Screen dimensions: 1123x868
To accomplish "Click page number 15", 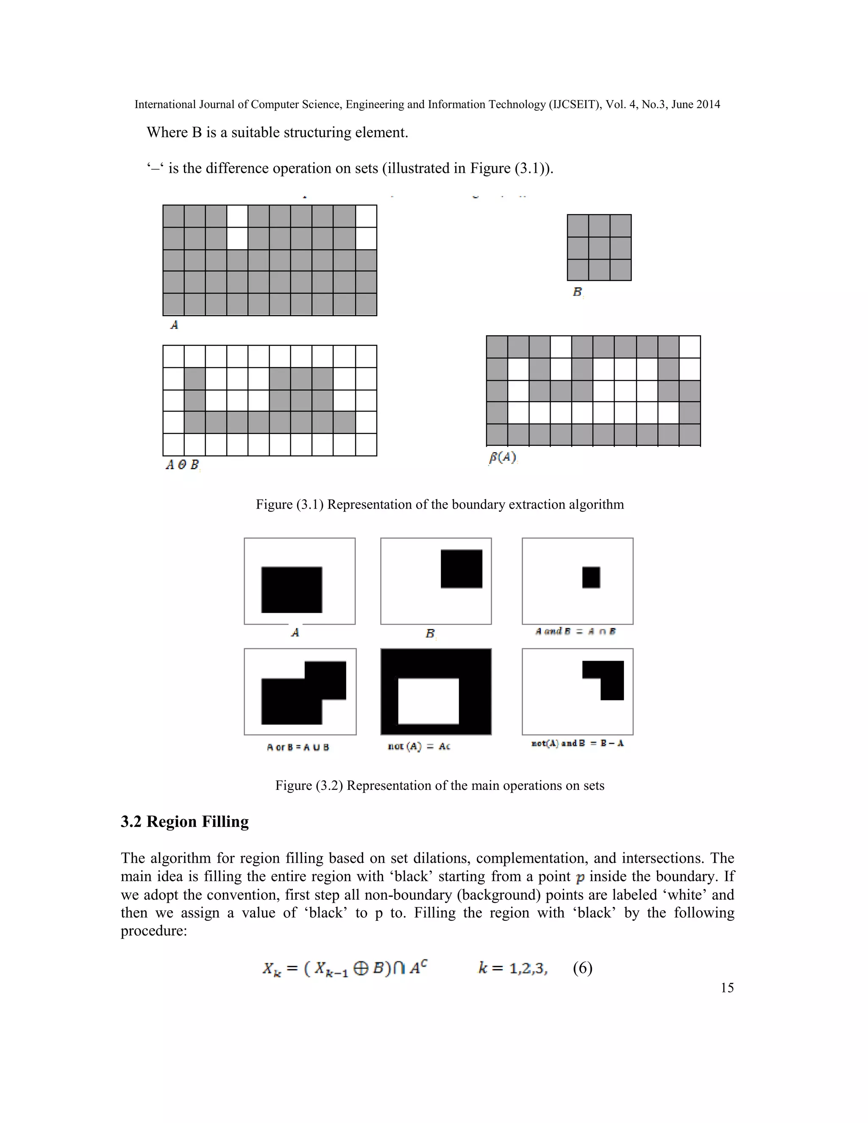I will tap(726, 988).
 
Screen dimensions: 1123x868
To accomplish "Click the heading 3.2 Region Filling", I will tap(185, 822).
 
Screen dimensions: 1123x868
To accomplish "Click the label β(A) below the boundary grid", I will tap(502, 457).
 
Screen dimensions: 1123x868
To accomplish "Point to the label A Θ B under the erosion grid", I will tap(181, 465).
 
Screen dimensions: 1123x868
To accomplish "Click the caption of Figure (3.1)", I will tap(440, 504).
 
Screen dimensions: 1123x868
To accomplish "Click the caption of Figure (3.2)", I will tap(440, 786).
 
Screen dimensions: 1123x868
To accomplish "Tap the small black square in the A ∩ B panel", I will tap(591, 578).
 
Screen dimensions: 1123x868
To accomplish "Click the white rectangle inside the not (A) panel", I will tap(428, 701).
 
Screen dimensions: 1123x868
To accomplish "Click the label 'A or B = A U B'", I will tap(298, 747).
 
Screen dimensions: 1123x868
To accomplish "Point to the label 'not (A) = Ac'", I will tap(419, 747).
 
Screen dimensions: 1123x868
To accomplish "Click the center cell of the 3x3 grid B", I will tap(599, 248).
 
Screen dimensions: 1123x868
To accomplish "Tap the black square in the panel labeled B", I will tap(461, 569).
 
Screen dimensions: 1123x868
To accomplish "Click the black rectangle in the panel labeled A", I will tap(292, 590).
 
